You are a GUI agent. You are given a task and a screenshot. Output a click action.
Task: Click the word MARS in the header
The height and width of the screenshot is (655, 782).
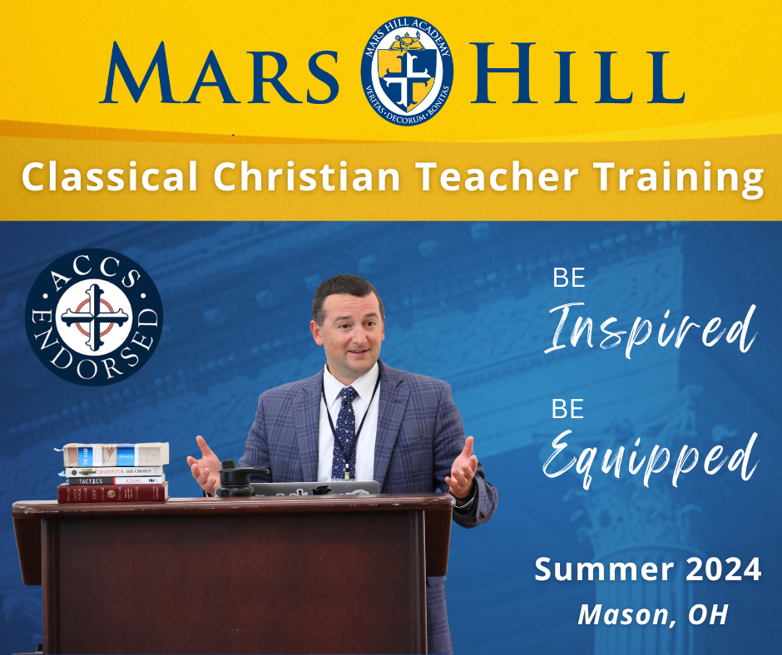pyautogui.click(x=220, y=76)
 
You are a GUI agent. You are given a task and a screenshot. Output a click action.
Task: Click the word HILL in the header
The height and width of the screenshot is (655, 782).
pyautogui.click(x=582, y=76)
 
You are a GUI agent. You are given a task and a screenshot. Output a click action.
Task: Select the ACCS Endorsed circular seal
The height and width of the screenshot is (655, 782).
pyautogui.click(x=93, y=316)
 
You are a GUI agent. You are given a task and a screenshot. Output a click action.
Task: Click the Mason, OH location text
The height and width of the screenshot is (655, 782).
pyautogui.click(x=652, y=614)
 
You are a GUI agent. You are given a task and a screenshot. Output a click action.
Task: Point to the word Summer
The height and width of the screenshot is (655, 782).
pyautogui.click(x=590, y=571)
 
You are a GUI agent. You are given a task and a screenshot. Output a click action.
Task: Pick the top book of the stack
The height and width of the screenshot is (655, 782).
pyautogui.click(x=116, y=454)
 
